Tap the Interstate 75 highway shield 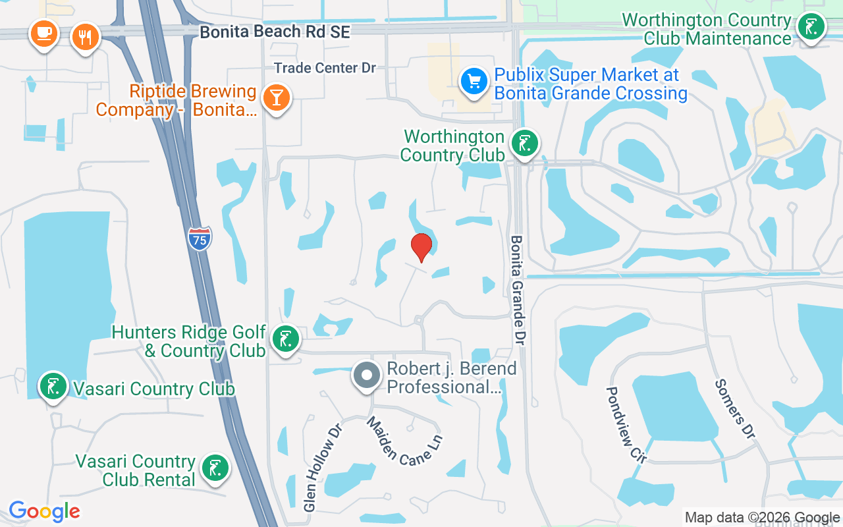200,238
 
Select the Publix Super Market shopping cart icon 474,82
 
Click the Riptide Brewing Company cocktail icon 276,97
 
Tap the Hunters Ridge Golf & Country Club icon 285,339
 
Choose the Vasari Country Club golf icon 53,386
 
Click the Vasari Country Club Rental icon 215,468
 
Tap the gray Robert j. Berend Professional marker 367,375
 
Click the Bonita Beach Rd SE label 275,32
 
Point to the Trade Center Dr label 325,68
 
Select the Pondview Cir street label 625,425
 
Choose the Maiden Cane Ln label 404,441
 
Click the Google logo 44,511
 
